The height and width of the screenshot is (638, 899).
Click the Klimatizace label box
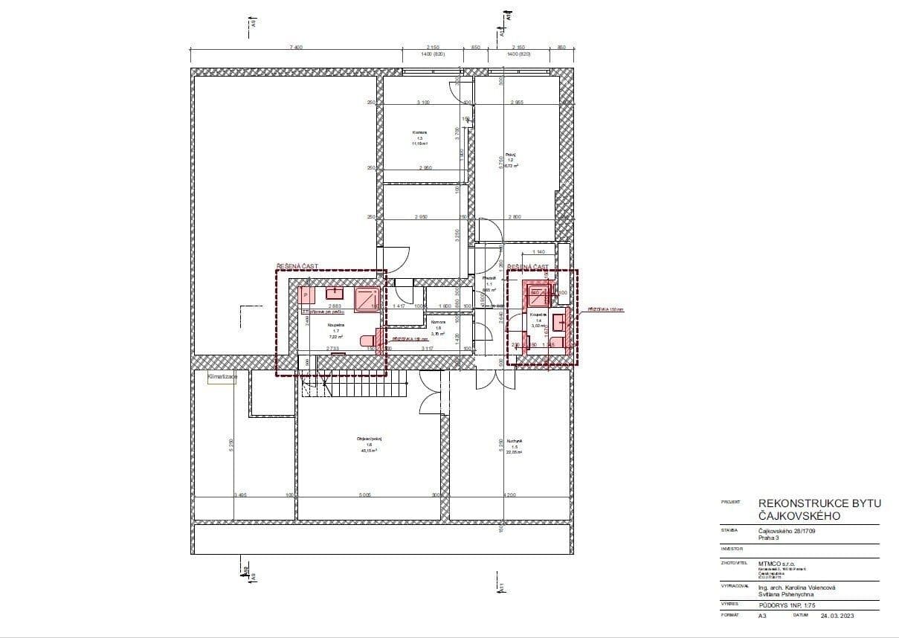click(x=222, y=378)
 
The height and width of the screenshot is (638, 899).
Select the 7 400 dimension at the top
click(x=295, y=48)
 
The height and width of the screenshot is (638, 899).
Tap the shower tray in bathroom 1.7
click(x=367, y=298)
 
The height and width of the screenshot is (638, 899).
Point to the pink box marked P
click(x=306, y=295)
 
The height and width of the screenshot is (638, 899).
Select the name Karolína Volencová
click(x=797, y=587)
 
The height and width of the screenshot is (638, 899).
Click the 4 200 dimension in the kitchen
click(x=509, y=494)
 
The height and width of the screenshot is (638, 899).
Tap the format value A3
click(x=761, y=616)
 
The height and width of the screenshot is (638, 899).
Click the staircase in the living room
click(x=355, y=386)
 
